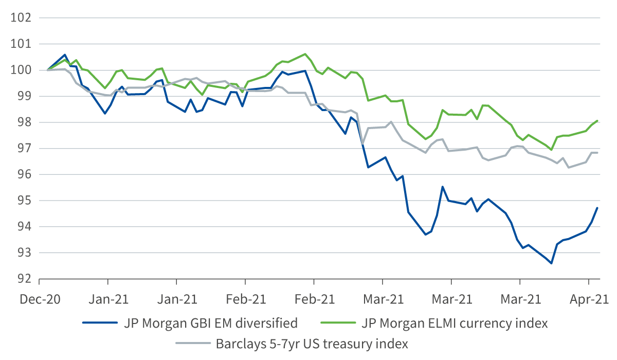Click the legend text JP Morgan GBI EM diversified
click(x=210, y=323)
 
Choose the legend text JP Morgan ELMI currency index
click(x=454, y=323)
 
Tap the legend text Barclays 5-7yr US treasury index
click(x=312, y=344)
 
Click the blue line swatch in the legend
click(x=100, y=323)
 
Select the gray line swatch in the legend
click(x=194, y=344)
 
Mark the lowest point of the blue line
click(x=552, y=263)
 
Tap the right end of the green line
click(x=597, y=120)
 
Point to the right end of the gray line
click(x=597, y=153)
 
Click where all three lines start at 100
click(x=48, y=70)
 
